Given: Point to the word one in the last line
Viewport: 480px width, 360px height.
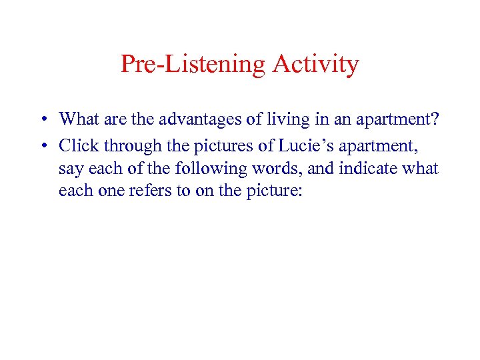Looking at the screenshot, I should click(103, 191).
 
